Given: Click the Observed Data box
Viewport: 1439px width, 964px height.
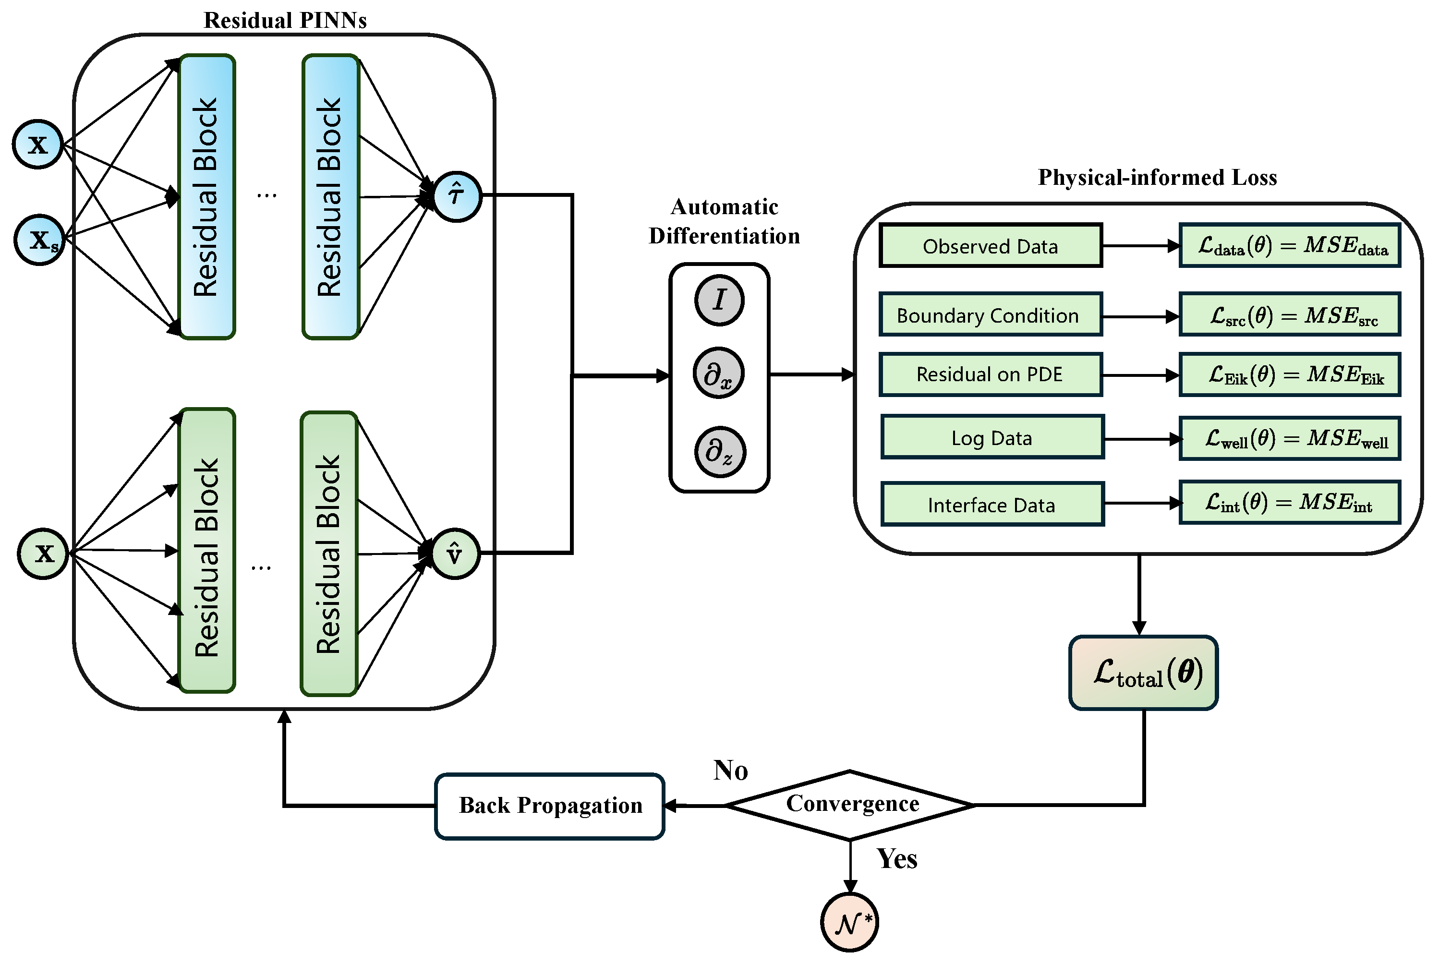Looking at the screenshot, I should tap(990, 246).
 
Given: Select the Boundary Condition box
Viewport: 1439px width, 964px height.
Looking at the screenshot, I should tap(990, 315).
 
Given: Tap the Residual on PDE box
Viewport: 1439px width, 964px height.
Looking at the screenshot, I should tap(990, 374).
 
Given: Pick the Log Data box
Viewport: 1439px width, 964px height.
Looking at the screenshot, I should tap(992, 438).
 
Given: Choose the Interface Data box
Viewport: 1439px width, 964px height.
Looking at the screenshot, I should tap(992, 505).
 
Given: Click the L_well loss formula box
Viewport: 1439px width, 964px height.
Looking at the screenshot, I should tap(1289, 438).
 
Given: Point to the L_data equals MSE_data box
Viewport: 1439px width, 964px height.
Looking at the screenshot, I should tap(1289, 245).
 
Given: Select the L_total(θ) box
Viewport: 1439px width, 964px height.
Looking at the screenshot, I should tap(1143, 673).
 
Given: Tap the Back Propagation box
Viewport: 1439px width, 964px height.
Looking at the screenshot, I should tap(550, 806).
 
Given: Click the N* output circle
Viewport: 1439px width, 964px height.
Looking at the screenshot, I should tap(849, 922).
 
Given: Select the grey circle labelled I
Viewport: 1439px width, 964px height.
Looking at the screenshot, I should tap(719, 300).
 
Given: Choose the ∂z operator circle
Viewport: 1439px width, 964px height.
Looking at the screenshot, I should tap(720, 452).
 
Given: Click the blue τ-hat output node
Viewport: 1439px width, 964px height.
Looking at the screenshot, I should tap(457, 196).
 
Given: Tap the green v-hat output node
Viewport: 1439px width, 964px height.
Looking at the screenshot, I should tap(455, 554).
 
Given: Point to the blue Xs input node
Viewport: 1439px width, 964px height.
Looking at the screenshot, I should tap(40, 240).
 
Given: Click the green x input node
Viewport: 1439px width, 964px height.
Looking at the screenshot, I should tap(43, 554).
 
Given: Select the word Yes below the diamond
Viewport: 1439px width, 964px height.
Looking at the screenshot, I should tap(896, 858).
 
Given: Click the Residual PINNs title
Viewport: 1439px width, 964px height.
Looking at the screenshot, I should tap(285, 20).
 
